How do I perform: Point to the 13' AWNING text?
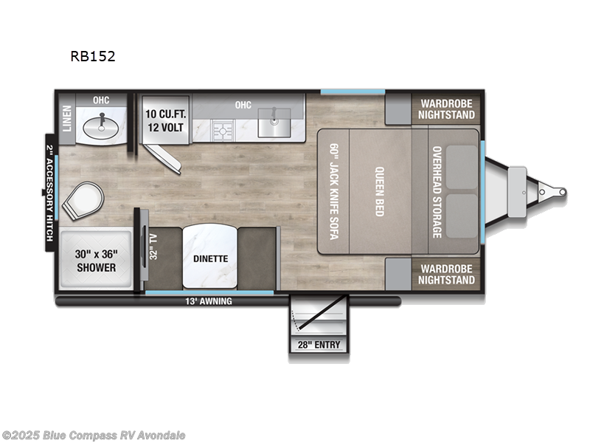coord(210,301)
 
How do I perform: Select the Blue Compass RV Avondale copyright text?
coord(94,435)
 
